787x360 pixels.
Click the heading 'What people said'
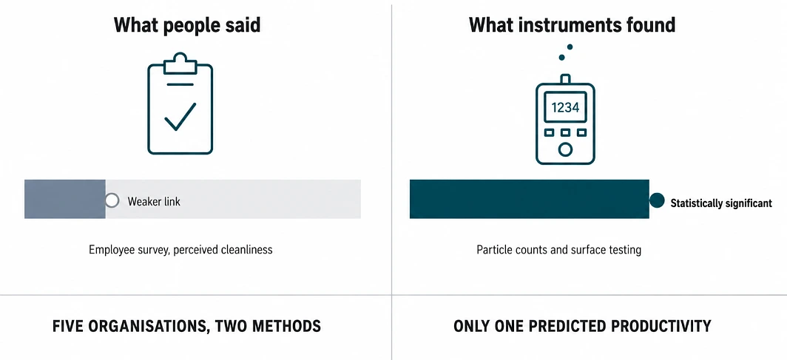187,25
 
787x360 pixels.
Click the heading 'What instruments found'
572,25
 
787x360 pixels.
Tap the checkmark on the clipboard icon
180,116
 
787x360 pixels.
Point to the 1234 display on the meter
565,107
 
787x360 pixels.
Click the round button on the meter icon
565,149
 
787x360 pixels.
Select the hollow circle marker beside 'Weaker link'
112,201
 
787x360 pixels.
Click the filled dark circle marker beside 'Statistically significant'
657,200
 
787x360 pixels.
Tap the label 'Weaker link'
154,202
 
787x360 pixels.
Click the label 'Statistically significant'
721,203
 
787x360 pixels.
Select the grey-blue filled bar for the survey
65,199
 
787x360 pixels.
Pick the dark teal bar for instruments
530,199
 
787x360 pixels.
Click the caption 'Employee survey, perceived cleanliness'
180,250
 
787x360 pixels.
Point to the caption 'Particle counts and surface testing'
558,250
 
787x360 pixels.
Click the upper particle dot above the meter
570,47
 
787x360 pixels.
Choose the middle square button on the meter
565,133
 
